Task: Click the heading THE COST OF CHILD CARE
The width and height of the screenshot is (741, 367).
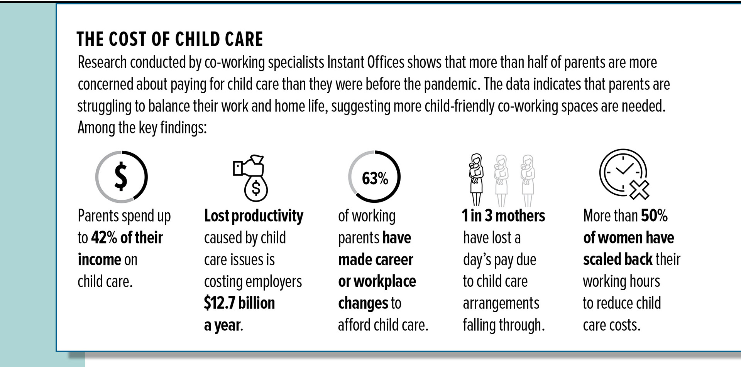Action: click(x=170, y=39)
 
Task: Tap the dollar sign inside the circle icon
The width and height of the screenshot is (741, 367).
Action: click(x=121, y=177)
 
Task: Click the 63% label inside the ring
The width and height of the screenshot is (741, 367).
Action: click(x=375, y=178)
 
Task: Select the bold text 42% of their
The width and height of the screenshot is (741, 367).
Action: click(x=127, y=237)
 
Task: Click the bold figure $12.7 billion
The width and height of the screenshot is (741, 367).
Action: click(x=239, y=303)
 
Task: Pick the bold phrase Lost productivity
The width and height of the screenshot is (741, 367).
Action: click(x=254, y=216)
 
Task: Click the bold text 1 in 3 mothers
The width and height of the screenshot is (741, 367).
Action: click(x=503, y=216)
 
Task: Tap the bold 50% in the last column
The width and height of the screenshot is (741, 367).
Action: click(x=654, y=216)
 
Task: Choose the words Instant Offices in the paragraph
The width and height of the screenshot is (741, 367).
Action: click(x=365, y=62)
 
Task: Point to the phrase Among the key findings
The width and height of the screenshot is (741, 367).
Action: click(x=142, y=128)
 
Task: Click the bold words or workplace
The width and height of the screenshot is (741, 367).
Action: click(x=377, y=281)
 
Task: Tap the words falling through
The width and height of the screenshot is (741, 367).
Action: click(x=504, y=325)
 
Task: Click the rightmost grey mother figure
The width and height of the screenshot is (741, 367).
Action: click(x=527, y=179)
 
